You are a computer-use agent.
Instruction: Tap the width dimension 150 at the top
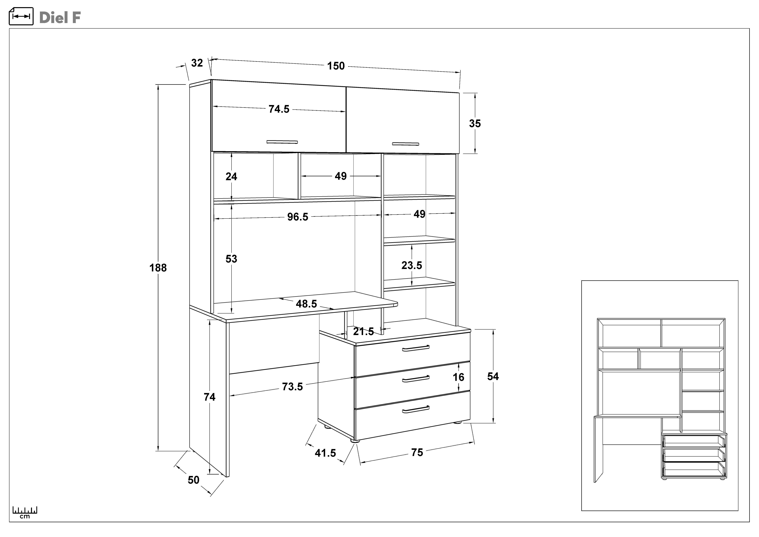click(336, 66)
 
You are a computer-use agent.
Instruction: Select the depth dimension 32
click(197, 63)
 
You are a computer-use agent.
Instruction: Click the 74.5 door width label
click(279, 109)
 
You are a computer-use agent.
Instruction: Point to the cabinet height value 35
click(475, 124)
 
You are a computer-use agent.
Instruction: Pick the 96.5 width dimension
click(298, 217)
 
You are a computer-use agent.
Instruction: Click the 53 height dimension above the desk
click(231, 259)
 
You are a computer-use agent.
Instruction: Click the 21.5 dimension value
click(363, 331)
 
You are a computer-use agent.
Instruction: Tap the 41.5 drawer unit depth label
click(325, 453)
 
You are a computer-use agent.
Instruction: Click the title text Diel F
click(60, 18)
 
